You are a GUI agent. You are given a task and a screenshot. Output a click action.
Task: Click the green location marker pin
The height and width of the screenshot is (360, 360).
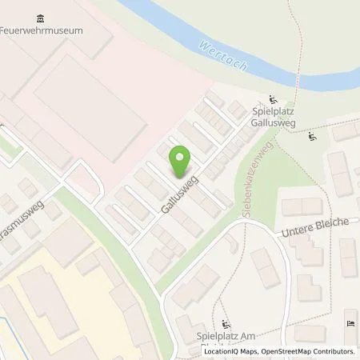point(180,162)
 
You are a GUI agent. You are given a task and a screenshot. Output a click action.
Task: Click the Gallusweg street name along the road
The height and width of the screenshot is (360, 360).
point(181,194)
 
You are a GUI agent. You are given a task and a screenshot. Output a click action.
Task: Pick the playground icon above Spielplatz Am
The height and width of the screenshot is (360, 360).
point(226,325)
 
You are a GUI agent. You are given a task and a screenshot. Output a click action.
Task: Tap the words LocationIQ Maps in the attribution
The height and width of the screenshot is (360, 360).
point(230,351)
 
